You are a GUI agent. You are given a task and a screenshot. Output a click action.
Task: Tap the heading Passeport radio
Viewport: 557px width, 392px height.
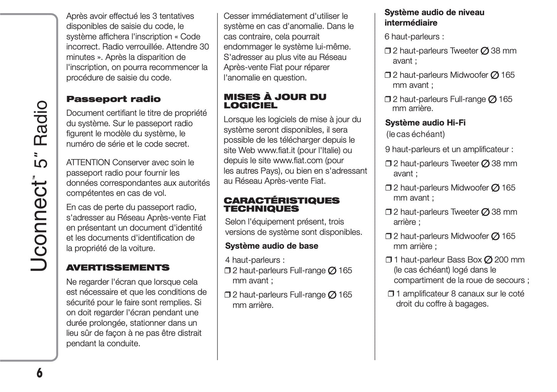[113, 99]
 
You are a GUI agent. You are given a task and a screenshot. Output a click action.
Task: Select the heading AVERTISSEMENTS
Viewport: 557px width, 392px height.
[118, 268]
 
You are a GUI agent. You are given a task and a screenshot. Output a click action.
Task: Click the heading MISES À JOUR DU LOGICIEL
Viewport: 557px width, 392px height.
[275, 101]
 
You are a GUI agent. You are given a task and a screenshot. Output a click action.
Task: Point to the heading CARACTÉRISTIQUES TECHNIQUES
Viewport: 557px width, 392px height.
[281, 204]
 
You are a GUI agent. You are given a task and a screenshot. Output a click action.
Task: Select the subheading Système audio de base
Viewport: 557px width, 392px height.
[271, 246]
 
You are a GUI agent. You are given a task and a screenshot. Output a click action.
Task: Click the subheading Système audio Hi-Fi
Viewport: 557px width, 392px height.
[425, 122]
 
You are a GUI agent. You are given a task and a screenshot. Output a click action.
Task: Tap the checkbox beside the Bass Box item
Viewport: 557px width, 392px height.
[389, 260]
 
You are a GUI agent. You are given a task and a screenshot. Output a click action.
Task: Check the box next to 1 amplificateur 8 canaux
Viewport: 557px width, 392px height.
[390, 294]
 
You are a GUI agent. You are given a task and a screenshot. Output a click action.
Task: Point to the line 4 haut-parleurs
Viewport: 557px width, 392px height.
[255, 260]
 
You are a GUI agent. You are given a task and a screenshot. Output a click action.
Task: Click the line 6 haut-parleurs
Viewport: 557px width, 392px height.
[414, 37]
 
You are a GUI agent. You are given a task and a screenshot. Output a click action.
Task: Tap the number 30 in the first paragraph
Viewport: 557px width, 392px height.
[204, 47]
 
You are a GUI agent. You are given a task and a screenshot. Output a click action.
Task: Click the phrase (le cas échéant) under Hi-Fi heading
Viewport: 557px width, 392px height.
[415, 134]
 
